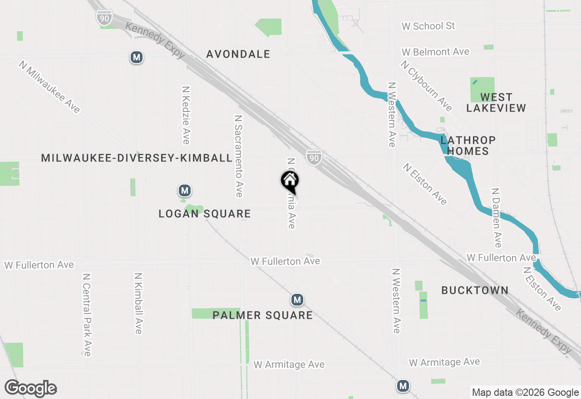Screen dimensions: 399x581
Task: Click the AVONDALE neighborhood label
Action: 238,54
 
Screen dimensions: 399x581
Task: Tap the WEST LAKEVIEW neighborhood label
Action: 496,102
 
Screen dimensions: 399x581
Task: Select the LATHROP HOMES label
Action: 468,146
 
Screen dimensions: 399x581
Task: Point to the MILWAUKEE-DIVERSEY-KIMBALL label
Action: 137,158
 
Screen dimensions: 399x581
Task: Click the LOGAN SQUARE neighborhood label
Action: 204,214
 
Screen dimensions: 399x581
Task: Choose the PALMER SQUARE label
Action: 262,315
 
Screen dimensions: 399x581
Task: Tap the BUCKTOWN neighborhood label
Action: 475,290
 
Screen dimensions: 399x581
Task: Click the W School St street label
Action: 428,26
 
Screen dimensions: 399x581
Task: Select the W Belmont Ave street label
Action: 435,52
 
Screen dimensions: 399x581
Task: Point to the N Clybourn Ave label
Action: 426,86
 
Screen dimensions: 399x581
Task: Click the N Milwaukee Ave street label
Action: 49,87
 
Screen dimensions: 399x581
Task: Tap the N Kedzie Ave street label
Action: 185,115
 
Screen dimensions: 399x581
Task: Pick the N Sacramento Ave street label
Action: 239,156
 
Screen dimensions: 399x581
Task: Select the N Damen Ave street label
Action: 497,218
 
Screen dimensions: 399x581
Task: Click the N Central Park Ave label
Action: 87,314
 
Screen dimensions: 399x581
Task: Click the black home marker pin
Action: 290,181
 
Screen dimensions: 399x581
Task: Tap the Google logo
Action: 30,388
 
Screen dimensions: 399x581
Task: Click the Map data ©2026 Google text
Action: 525,393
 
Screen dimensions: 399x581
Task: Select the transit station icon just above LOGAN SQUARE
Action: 184,190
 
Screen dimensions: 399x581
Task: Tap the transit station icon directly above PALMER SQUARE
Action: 297,300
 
